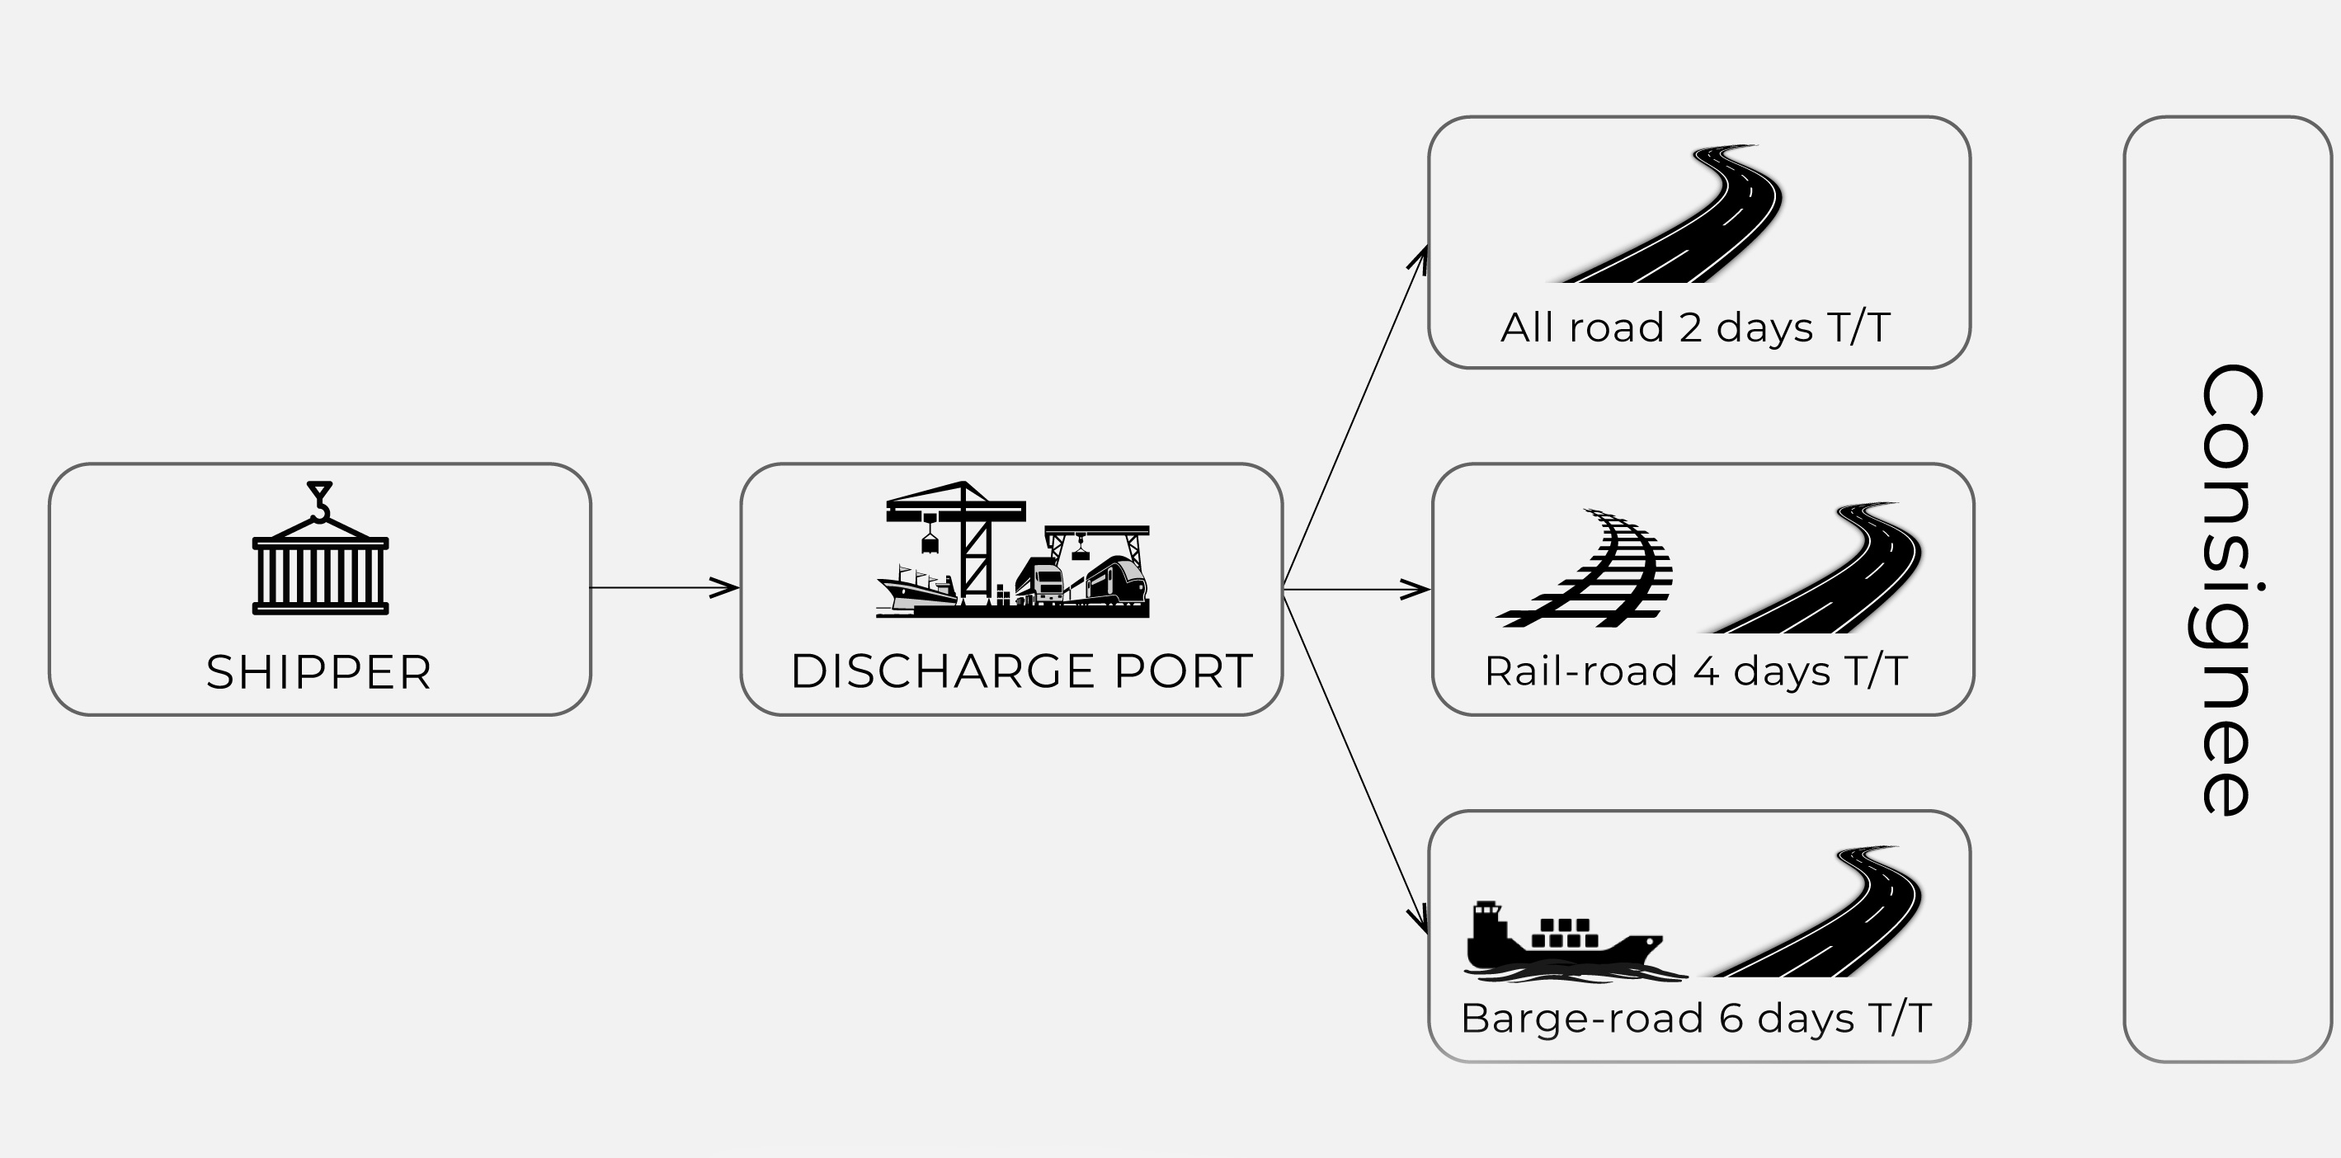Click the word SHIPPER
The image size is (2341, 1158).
319,673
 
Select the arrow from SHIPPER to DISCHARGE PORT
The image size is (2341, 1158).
664,588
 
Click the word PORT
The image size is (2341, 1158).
1183,671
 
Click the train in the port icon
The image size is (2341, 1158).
1116,580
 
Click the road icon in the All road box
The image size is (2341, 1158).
1681,218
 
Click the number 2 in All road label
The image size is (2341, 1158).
1690,328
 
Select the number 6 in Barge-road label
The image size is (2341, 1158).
1731,1019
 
